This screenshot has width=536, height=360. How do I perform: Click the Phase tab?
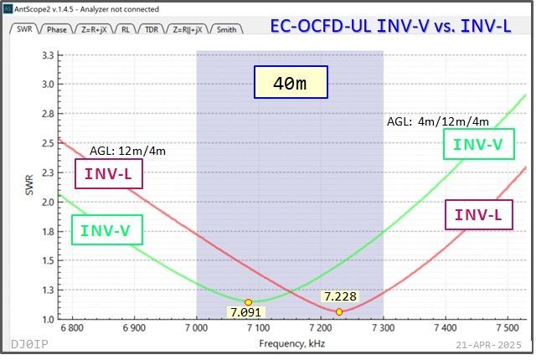57,29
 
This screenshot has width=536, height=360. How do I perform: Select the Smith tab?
226,29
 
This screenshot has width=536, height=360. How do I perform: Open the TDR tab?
152,29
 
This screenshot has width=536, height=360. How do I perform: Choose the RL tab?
125,29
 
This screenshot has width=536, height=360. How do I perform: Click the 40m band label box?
291,83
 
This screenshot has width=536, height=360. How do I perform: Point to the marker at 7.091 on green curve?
248,301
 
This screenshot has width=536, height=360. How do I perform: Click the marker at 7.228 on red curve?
339,311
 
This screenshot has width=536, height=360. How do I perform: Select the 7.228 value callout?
340,296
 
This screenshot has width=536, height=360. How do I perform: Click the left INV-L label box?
109,175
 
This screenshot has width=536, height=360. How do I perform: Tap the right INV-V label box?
477,144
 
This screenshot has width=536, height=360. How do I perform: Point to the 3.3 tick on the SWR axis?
47,54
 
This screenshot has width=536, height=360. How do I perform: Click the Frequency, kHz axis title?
291,344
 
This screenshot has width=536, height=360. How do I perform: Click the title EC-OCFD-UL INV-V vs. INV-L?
390,27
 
